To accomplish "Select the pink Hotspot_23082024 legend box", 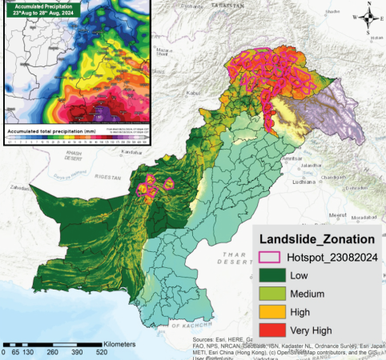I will pos(271,257).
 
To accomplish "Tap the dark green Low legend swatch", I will pos(271,275).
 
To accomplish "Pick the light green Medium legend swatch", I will pos(271,294).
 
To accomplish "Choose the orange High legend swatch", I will pos(271,312).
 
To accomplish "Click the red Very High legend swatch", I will pos(271,330).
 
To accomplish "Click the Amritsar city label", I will pos(293,160).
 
